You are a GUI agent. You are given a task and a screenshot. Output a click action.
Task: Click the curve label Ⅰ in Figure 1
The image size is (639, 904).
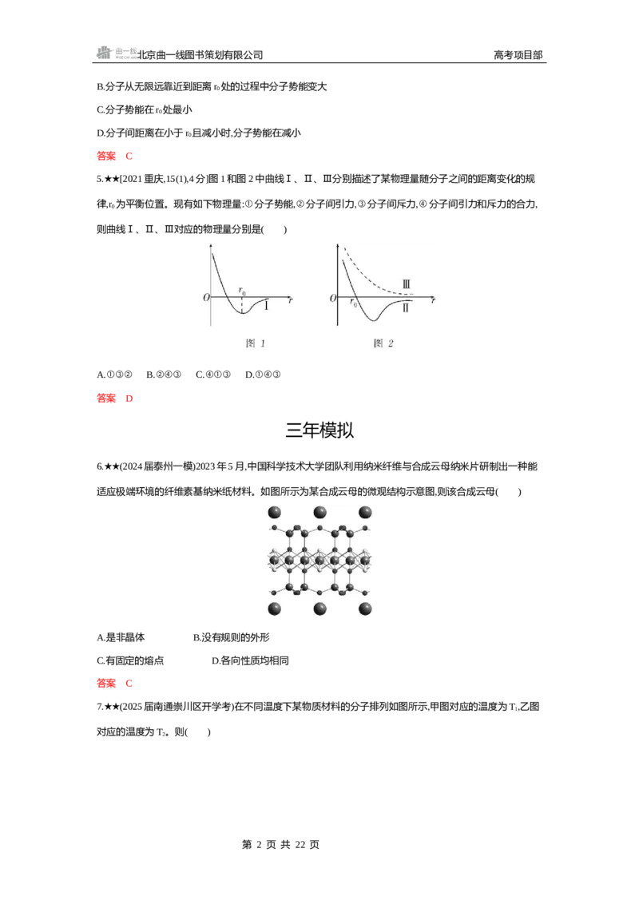coord(267,306)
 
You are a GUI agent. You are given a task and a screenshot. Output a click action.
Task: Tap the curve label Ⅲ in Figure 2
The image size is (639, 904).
coord(406,284)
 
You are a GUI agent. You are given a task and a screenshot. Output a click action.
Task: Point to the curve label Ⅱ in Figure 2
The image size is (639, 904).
coord(406,308)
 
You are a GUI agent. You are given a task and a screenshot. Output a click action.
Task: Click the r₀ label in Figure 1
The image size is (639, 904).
coord(242,291)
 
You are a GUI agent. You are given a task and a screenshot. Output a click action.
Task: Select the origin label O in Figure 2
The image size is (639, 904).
coord(333,298)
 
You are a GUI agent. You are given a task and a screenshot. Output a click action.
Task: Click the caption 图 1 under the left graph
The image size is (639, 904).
coord(256,343)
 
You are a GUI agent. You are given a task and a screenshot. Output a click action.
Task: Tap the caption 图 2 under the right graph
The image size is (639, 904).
coord(383,343)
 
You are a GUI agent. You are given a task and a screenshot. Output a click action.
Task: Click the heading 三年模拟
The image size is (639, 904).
coord(319,430)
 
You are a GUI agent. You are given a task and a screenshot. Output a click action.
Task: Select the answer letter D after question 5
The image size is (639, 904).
coord(129,398)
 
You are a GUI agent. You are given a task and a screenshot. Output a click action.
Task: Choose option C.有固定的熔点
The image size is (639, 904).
coord(130,660)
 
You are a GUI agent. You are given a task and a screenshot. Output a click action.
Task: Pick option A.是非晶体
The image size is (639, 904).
coord(121,637)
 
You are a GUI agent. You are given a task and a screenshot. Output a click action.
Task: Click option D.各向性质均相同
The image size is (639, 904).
coord(250,660)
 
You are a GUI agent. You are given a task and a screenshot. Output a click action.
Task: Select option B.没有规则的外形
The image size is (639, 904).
coord(232,637)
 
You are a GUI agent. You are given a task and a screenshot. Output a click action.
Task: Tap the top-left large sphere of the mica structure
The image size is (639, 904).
coord(275,513)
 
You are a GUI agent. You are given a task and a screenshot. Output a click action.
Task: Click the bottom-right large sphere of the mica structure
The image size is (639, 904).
coord(365,609)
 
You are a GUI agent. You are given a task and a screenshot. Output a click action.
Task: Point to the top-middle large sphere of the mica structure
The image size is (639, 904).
coord(319,513)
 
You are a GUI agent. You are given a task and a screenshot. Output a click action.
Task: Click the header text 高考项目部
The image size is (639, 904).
coord(518,55)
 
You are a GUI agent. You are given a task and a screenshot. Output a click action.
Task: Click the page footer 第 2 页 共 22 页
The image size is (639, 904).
coord(281,845)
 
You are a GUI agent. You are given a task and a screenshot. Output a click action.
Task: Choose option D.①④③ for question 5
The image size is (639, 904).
coord(263,375)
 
